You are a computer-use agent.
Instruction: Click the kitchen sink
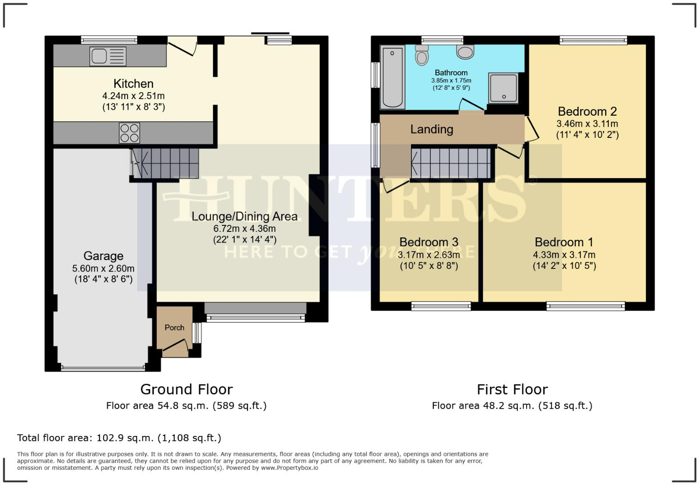[108, 56]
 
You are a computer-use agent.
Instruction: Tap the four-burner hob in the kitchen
[129, 132]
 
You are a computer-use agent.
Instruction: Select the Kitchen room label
[133, 84]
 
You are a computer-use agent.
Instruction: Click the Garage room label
[103, 256]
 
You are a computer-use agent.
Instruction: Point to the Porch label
[174, 327]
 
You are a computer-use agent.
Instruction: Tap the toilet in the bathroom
[422, 56]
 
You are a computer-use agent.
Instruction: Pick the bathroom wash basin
[465, 51]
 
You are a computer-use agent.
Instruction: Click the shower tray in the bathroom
[503, 87]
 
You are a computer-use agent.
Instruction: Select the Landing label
[431, 129]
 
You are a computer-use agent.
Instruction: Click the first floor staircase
[451, 162]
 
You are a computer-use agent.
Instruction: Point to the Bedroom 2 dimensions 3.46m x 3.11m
[587, 124]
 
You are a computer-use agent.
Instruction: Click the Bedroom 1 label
[564, 242]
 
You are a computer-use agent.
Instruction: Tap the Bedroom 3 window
[441, 305]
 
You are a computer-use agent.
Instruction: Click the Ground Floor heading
[186, 389]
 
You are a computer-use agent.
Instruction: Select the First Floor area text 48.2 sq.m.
[512, 406]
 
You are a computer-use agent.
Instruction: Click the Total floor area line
[119, 438]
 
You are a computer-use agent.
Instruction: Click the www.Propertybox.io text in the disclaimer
[289, 468]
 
